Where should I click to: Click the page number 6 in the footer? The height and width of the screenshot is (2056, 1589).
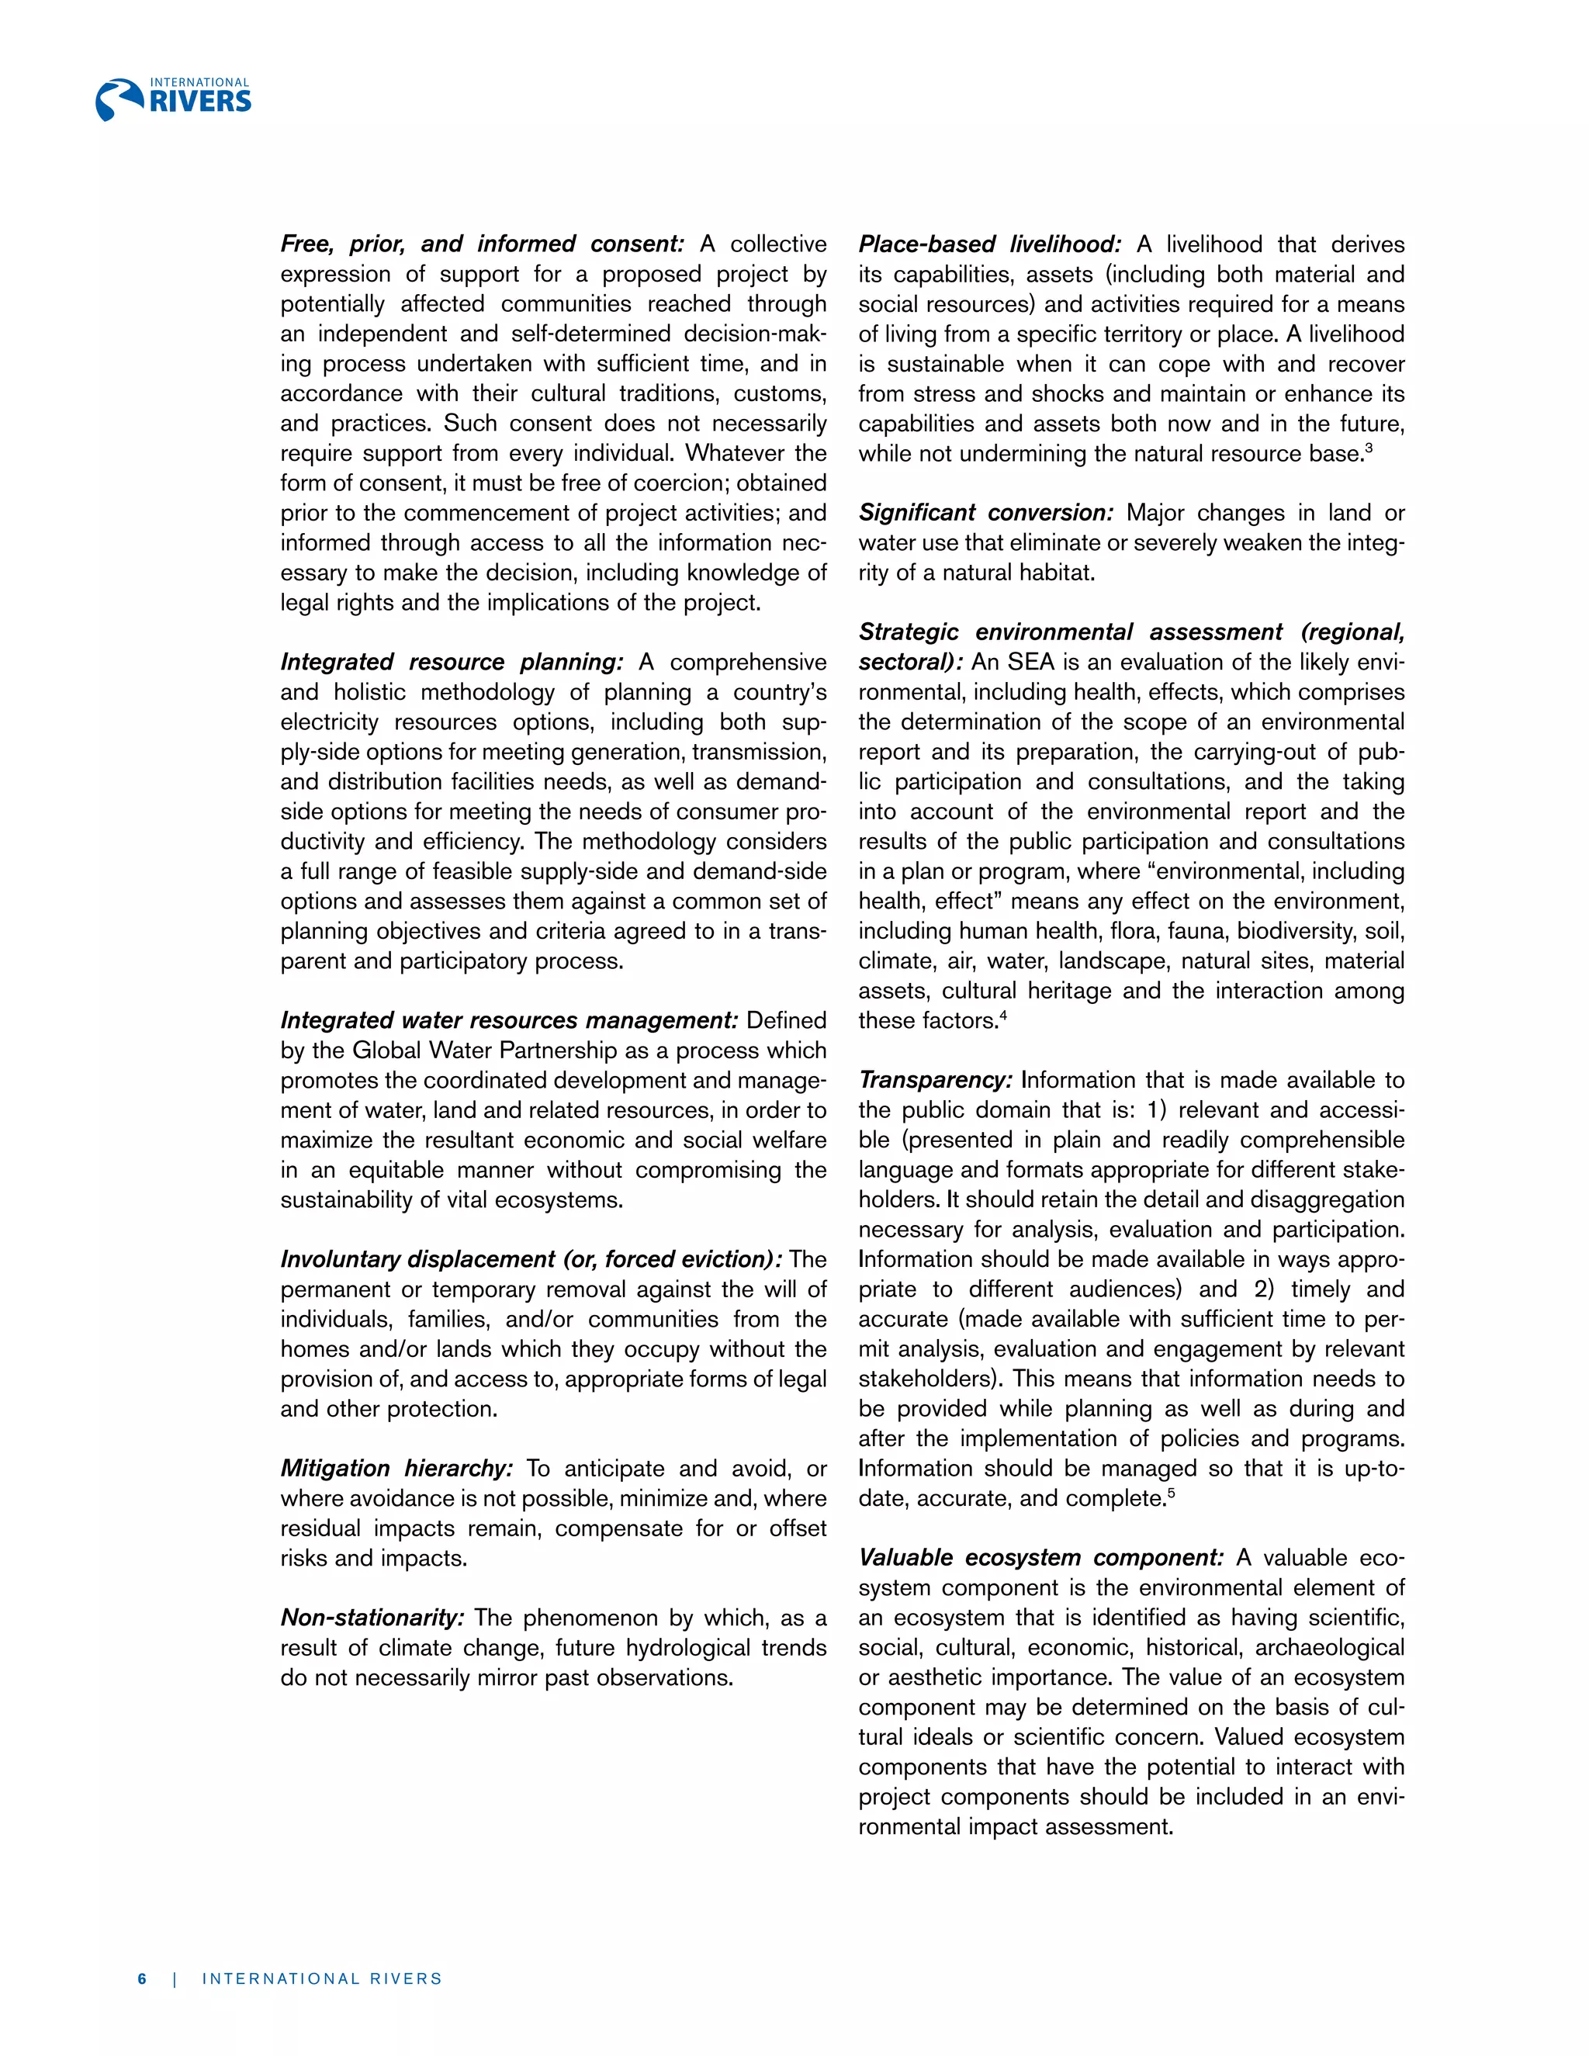(142, 1978)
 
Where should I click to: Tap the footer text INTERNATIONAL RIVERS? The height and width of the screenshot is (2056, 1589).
(322, 1978)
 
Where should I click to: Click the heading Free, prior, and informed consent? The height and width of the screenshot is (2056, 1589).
(482, 244)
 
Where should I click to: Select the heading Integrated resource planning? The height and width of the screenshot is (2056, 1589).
(451, 662)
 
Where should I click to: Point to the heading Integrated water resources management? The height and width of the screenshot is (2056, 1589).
(509, 1020)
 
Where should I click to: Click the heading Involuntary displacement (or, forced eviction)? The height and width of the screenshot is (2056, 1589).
(531, 1259)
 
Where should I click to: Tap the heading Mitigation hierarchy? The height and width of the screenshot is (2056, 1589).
(396, 1469)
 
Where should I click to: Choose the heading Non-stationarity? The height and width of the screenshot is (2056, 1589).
(372, 1618)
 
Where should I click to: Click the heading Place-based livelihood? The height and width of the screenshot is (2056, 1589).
(989, 244)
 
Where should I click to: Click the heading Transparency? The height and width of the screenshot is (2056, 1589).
(935, 1080)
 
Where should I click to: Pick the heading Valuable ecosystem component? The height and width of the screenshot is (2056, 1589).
(1040, 1558)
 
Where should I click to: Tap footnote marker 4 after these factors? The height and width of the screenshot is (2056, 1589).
(1003, 1015)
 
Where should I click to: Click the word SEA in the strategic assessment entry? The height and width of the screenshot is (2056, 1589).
(1031, 662)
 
